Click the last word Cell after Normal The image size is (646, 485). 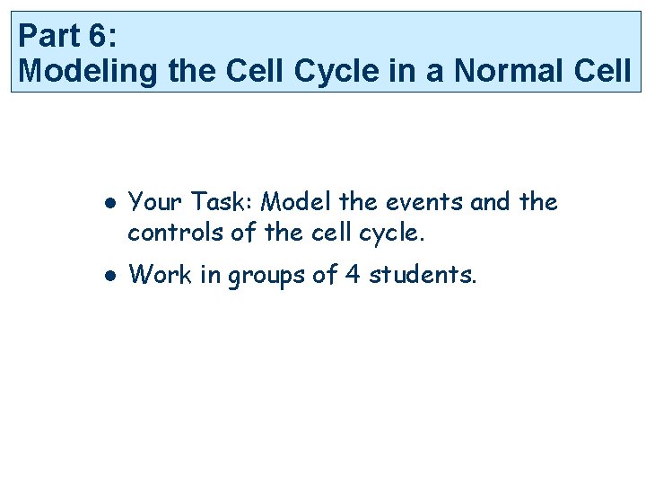tap(604, 70)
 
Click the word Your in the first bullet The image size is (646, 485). tap(155, 203)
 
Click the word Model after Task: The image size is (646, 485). tap(297, 203)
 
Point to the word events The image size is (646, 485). tap(426, 203)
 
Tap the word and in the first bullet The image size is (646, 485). tap(489, 203)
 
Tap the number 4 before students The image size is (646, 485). tap(352, 275)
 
